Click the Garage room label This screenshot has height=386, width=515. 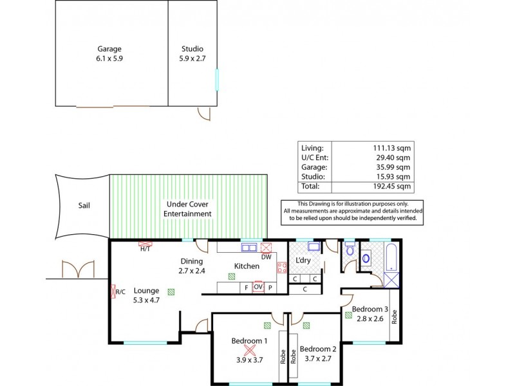(x=109, y=48)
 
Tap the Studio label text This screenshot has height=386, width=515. (x=191, y=48)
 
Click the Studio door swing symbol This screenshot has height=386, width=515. (x=203, y=114)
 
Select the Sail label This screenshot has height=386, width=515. (x=84, y=206)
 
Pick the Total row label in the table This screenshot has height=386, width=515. (x=310, y=186)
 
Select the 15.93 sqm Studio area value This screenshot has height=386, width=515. (x=395, y=176)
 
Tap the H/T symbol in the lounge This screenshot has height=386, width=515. (x=145, y=244)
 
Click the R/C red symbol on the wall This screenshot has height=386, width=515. (x=116, y=291)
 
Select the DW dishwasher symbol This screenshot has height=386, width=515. (x=267, y=248)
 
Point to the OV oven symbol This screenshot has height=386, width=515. (x=258, y=287)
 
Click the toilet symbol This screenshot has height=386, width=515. (x=349, y=250)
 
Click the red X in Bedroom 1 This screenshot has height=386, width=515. (x=250, y=351)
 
